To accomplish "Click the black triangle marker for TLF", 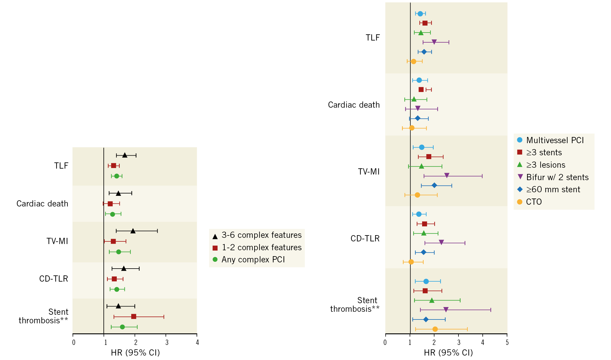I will coord(125,155).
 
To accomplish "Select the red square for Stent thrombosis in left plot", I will coord(134,317).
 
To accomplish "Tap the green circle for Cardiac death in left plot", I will coord(112,214).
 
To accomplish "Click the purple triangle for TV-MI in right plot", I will coord(447,175).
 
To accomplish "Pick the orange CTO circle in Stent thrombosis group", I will coord(435,329).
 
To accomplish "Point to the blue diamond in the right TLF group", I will coord(424,52).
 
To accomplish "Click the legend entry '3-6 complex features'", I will coord(261,235).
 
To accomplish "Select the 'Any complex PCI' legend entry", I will coord(253,260).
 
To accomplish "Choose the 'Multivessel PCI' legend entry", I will coord(555,140).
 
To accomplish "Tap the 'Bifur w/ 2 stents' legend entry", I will coord(557,177).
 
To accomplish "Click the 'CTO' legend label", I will coord(534,202).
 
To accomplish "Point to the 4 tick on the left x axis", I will coord(197,343).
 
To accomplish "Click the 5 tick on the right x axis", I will coord(507,343).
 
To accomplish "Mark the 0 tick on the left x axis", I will coord(74,343).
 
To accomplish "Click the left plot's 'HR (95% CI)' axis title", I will coord(135,353).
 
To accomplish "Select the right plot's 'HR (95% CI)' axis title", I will coord(448,353).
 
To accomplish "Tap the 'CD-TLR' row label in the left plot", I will coord(54,279).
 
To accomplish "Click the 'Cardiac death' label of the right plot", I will coord(354,105).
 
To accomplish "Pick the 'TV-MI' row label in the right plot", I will coord(369,172).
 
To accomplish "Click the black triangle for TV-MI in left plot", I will coord(133,231).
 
